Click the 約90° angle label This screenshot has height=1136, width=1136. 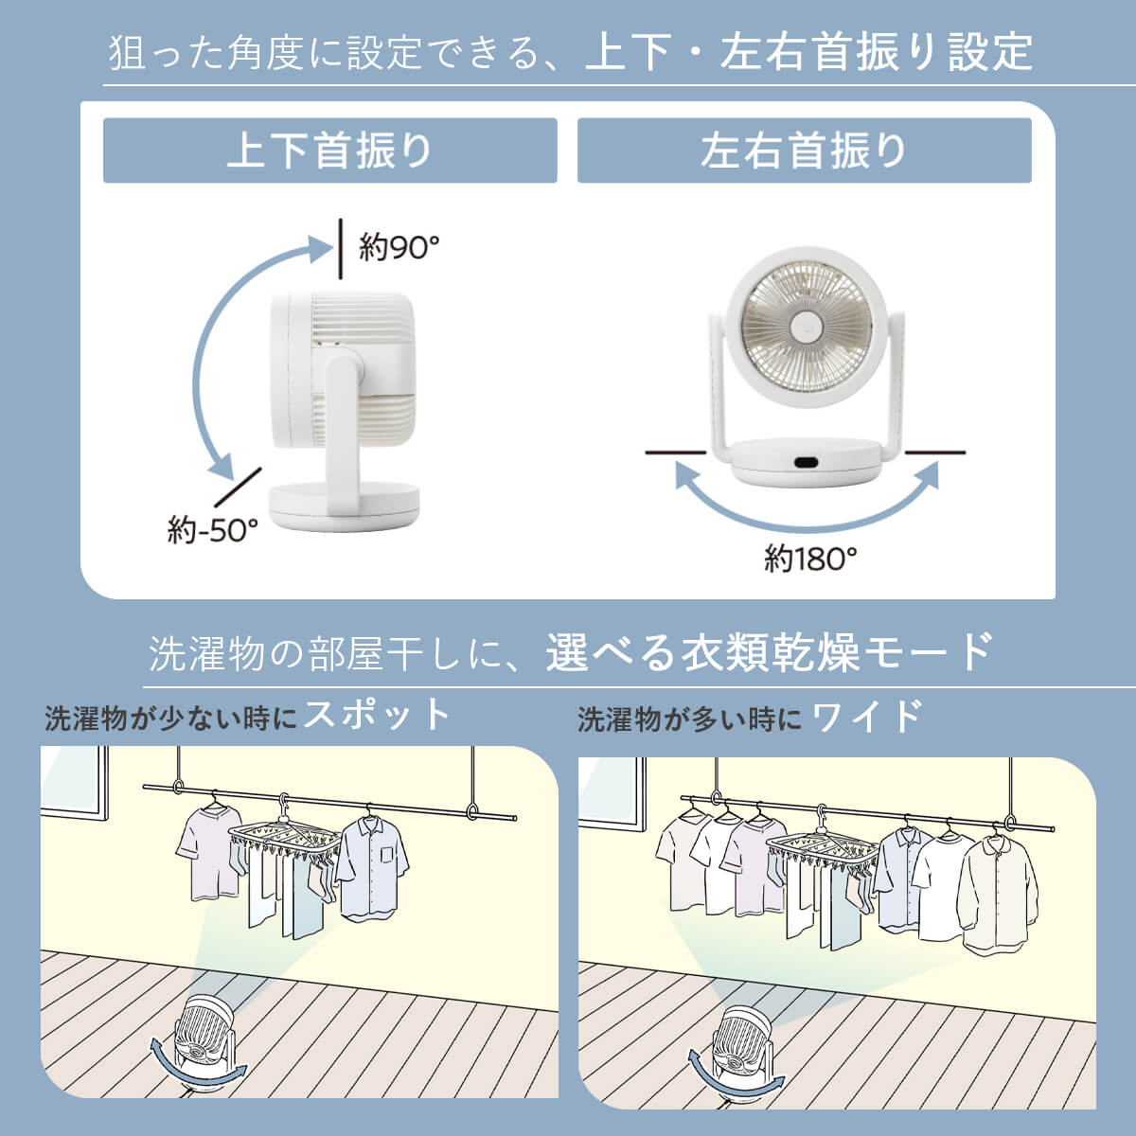click(399, 247)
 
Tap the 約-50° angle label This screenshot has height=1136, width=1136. click(213, 530)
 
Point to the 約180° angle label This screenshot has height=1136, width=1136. click(810, 559)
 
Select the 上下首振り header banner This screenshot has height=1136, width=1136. click(330, 151)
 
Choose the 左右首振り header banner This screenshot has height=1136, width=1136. click(804, 151)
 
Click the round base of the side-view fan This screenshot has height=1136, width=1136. click(345, 506)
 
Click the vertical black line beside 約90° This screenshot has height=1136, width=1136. click(340, 248)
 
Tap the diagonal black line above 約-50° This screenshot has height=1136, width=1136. click(238, 487)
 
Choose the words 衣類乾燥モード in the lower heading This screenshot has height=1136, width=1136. click(837, 652)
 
